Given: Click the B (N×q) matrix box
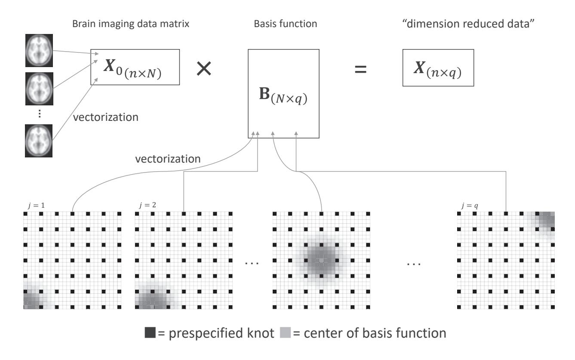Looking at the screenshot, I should click(283, 93).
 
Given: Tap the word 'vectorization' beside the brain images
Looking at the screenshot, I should click(106, 117).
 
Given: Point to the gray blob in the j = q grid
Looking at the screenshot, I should click(543, 221).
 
